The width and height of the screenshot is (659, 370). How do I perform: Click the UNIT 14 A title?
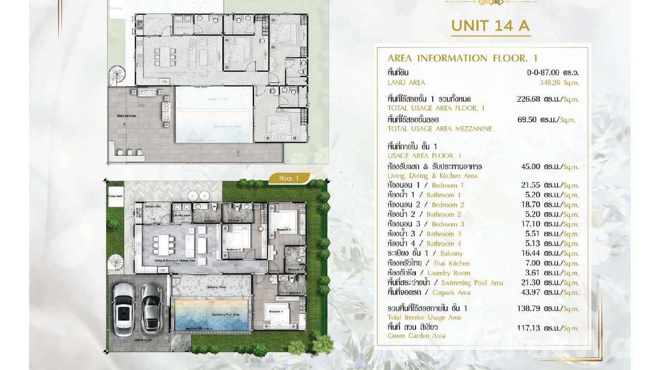[491, 26]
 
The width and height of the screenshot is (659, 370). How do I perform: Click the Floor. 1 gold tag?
[289, 179]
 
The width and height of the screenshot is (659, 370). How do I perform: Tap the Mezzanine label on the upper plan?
[126, 116]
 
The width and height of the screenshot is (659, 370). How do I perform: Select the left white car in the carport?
[123, 309]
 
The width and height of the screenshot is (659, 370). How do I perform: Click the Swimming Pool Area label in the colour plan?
[212, 315]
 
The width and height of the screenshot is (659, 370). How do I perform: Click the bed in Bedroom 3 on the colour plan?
[236, 240]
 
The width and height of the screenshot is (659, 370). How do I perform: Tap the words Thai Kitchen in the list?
[451, 263]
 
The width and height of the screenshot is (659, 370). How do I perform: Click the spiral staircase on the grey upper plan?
[118, 76]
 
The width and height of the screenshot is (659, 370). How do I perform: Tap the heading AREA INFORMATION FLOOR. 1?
[463, 58]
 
